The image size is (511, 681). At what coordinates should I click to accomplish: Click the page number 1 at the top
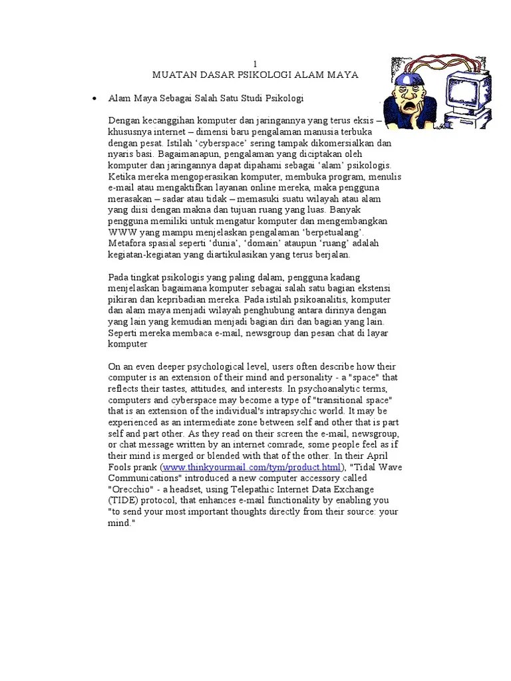[255, 63]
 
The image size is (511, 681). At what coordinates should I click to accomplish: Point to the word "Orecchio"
[132, 489]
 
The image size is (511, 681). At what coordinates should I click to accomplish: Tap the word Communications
[144, 478]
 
